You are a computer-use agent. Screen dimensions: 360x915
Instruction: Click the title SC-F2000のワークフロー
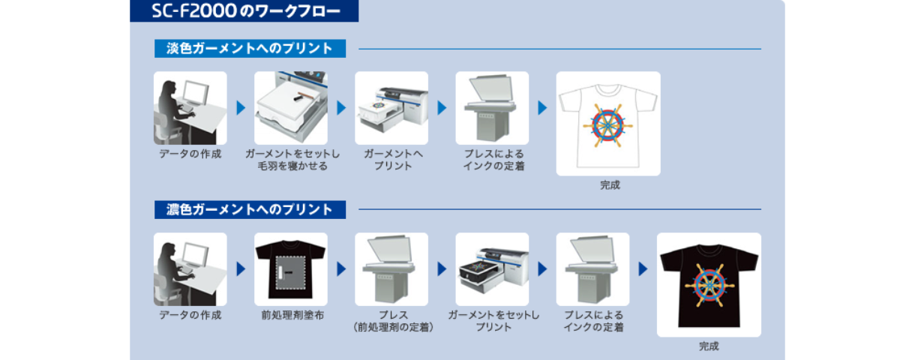(244, 11)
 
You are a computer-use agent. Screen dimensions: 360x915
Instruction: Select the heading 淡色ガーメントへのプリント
(249, 49)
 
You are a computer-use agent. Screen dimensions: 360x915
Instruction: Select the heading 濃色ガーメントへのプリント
(249, 209)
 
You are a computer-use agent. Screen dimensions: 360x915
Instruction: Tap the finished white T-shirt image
(607, 124)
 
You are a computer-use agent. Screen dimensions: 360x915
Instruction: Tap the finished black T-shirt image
(709, 285)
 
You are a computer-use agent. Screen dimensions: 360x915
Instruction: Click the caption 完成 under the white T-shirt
(610, 184)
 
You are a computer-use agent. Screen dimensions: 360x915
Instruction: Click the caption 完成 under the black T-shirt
(709, 346)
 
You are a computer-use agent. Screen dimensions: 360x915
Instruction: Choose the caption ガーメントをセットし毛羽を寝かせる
(292, 160)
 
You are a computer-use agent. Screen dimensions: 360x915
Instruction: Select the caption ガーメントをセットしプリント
(493, 321)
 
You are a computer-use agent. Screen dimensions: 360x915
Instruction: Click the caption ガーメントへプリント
(392, 160)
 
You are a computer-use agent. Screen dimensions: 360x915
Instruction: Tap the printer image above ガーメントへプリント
(391, 108)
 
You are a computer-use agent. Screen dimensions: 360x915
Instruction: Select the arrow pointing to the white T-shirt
(542, 108)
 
